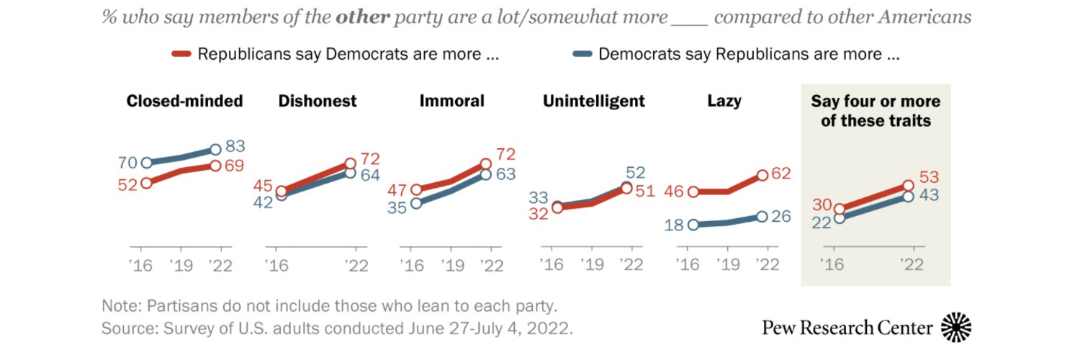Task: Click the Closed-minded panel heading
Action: tap(184, 101)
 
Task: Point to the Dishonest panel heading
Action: tap(318, 101)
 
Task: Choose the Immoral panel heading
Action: tap(452, 101)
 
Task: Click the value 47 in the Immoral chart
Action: tap(397, 190)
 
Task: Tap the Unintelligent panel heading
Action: tap(594, 101)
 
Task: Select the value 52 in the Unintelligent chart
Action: tap(635, 172)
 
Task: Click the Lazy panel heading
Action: tap(724, 101)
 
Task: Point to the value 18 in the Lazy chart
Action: tap(673, 225)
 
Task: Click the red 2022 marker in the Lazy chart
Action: tap(762, 175)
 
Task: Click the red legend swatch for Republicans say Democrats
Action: tap(181, 54)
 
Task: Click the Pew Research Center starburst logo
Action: tap(956, 327)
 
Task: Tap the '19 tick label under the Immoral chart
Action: tap(450, 265)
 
